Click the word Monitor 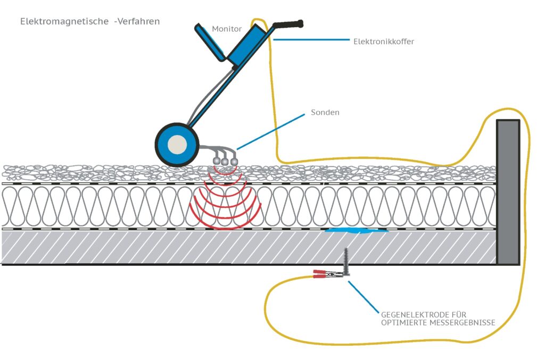click(x=227, y=29)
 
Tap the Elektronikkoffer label click(x=383, y=41)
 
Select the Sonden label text click(x=325, y=113)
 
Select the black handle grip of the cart click(x=288, y=24)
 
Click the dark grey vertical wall click(x=508, y=191)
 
